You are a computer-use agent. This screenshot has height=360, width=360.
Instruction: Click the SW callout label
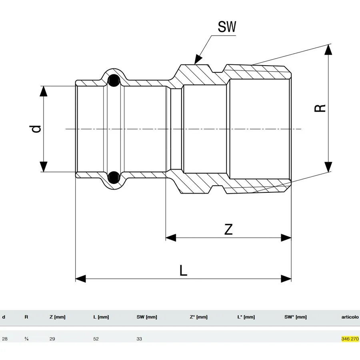pos(227,27)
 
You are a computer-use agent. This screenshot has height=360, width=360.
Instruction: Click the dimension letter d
pos(36,129)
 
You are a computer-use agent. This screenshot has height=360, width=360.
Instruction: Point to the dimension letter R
pos(320,108)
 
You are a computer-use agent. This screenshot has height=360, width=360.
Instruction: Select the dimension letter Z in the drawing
pos(228,229)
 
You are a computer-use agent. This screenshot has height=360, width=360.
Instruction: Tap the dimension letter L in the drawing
pos(183,270)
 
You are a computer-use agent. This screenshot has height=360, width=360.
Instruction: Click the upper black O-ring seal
pos(114,80)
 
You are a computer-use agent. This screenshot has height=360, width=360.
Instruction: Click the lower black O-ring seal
pos(114,177)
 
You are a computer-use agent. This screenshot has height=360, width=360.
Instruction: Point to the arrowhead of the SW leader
pos(198,60)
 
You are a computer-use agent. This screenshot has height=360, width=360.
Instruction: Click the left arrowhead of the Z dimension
pos(171,238)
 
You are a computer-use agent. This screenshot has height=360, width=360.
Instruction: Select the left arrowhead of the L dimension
pos(80,279)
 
